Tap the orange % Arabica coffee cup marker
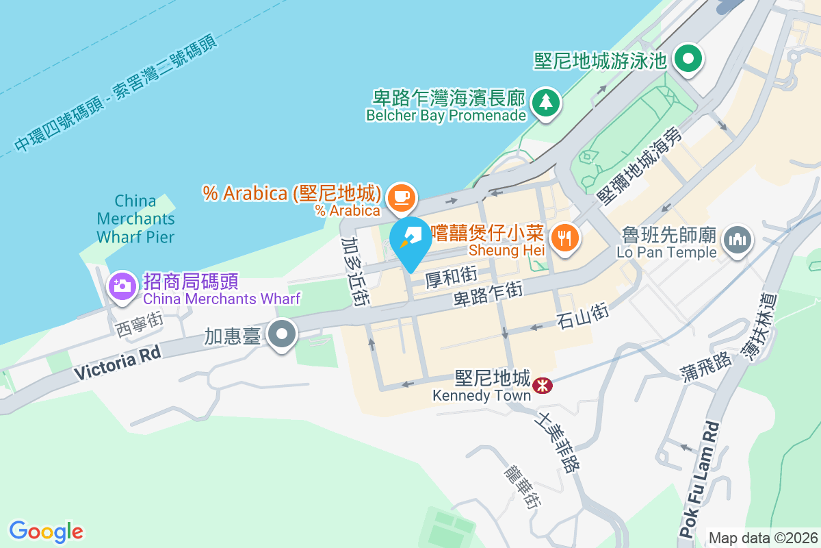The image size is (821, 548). [x=402, y=198]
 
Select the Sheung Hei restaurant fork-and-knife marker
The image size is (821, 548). [x=564, y=237]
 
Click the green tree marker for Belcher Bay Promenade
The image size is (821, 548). [x=545, y=103]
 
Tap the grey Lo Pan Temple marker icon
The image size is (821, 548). [x=737, y=240]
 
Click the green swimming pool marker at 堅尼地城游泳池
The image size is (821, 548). [x=688, y=59]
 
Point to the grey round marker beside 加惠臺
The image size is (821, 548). [x=282, y=335]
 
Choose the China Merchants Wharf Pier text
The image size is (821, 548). [x=135, y=219]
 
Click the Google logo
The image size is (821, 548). [x=46, y=532]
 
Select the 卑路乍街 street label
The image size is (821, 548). [x=488, y=296]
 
